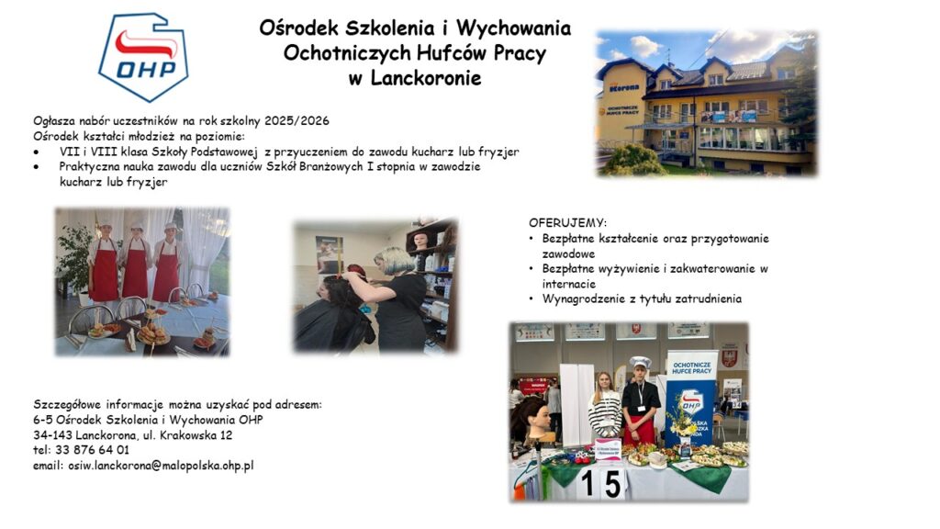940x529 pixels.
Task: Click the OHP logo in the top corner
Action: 143,56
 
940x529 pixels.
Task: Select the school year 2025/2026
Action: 297,120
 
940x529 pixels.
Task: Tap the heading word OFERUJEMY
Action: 567,223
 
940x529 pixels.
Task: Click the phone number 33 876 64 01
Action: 92,450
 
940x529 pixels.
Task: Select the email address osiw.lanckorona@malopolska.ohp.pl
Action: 161,466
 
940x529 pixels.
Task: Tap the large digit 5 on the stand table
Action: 612,485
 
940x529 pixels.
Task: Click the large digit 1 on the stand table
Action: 588,484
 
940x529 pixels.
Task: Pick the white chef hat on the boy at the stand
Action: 640,362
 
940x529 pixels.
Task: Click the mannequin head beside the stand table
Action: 532,419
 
